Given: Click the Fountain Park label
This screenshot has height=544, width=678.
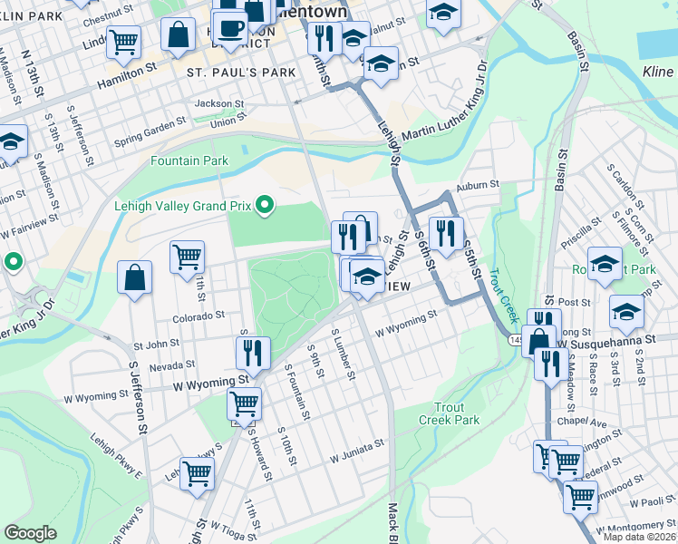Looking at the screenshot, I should pyautogui.click(x=189, y=161).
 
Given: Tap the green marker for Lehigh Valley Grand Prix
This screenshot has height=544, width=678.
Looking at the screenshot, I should pyautogui.click(x=265, y=206).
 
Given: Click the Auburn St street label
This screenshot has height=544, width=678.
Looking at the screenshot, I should pyautogui.click(x=479, y=185).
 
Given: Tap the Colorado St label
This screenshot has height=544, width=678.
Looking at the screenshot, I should pyautogui.click(x=199, y=316).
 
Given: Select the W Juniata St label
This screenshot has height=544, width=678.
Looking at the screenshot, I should pyautogui.click(x=357, y=445).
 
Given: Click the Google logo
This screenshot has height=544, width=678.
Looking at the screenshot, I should pyautogui.click(x=30, y=533).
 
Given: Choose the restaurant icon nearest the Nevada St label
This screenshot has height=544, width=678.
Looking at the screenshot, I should pyautogui.click(x=253, y=352).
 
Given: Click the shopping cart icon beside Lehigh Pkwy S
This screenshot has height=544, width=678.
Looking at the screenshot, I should pyautogui.click(x=197, y=472).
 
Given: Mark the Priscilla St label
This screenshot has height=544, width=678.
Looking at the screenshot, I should pyautogui.click(x=576, y=238).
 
